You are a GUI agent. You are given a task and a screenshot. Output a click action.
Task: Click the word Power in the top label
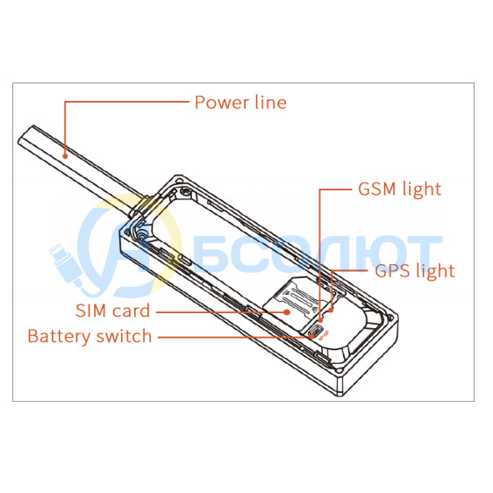pyautogui.click(x=222, y=103)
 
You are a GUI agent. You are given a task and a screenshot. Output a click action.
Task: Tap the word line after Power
pyautogui.click(x=271, y=102)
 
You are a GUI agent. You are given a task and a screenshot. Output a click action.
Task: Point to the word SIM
pyautogui.click(x=91, y=311)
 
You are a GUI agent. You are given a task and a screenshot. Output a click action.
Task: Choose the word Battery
pyautogui.click(x=59, y=337)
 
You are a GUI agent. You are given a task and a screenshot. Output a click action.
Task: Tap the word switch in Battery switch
pyautogui.click(x=125, y=336)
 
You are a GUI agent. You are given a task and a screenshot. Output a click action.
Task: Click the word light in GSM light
pyautogui.click(x=422, y=189)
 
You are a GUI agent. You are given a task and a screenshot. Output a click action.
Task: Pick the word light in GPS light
pyautogui.click(x=435, y=272)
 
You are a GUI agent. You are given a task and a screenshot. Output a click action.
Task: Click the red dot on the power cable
pyautogui.click(x=65, y=156)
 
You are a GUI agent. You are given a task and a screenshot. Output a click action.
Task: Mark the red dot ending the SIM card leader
pyautogui.click(x=287, y=312)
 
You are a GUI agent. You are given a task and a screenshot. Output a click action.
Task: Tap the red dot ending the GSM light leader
pyautogui.click(x=320, y=320)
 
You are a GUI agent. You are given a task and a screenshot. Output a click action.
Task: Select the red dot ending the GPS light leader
pyautogui.click(x=331, y=311)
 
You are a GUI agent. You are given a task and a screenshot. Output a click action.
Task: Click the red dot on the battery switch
pyautogui.click(x=311, y=337)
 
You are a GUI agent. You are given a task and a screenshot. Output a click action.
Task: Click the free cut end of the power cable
pyautogui.click(x=26, y=134)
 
